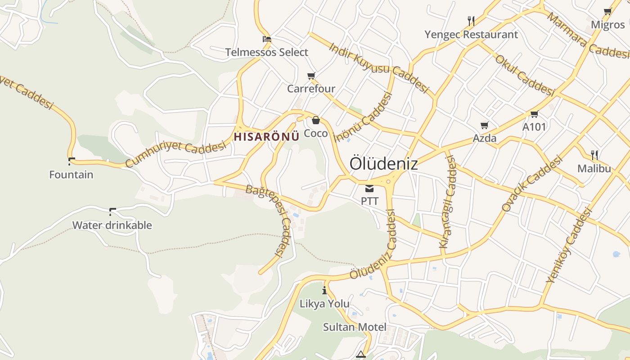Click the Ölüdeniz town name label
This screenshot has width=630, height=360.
(x=383, y=163)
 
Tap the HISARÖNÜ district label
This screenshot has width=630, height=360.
(x=266, y=137)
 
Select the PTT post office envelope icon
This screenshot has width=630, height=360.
(x=369, y=188)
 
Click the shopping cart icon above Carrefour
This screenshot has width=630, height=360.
(x=311, y=76)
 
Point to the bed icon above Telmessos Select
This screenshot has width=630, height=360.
(x=267, y=39)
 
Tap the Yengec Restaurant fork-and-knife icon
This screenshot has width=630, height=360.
(x=471, y=21)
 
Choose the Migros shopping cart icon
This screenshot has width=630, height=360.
(x=608, y=12)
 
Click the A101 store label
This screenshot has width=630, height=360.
(x=534, y=127)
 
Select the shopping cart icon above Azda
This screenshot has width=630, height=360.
(x=484, y=125)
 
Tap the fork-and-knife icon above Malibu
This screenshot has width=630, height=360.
(x=594, y=155)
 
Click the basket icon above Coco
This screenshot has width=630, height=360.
(x=316, y=120)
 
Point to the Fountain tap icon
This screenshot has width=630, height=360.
(x=71, y=161)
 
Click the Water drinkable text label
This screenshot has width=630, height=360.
(x=112, y=225)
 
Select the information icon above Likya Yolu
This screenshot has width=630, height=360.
(x=324, y=290)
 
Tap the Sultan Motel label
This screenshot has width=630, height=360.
(x=355, y=327)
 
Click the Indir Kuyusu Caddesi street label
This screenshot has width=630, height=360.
(x=378, y=67)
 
